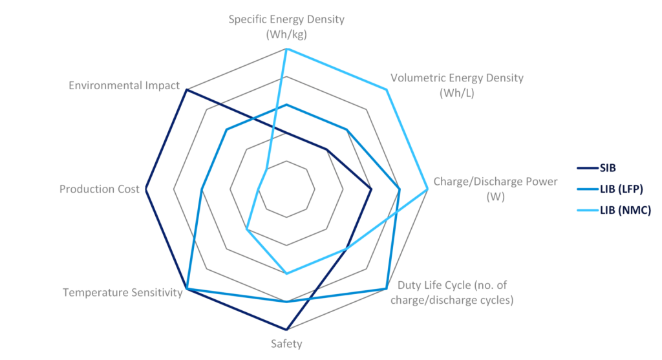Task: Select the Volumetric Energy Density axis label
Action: (x=457, y=85)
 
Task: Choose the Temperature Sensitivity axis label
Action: (x=123, y=292)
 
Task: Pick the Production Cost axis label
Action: (x=99, y=189)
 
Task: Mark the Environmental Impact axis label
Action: (x=123, y=85)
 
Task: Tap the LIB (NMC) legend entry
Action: (x=625, y=210)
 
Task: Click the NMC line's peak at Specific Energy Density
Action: (x=286, y=48)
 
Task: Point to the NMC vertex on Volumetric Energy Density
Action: (x=387, y=90)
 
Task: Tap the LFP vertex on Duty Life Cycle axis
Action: (x=387, y=288)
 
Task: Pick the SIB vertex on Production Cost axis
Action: (x=145, y=189)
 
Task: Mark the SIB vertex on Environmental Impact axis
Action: (x=186, y=90)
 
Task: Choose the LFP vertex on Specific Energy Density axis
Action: (x=286, y=104)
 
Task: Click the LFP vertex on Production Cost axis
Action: (x=201, y=189)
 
